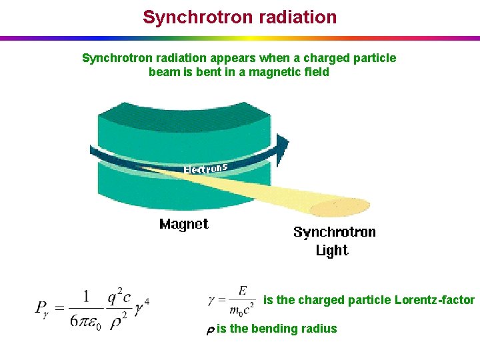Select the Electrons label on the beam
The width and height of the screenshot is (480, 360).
coord(206,168)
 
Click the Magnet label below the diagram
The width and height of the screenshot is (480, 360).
coord(184,224)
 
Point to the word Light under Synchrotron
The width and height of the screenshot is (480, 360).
coord(332,251)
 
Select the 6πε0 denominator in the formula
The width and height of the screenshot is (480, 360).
coord(83,319)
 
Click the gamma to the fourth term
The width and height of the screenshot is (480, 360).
coord(141,307)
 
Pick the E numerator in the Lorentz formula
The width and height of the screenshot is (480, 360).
coord(242,291)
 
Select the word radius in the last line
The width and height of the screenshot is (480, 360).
coord(321,329)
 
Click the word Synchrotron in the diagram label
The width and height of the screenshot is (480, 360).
coord(335,232)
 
